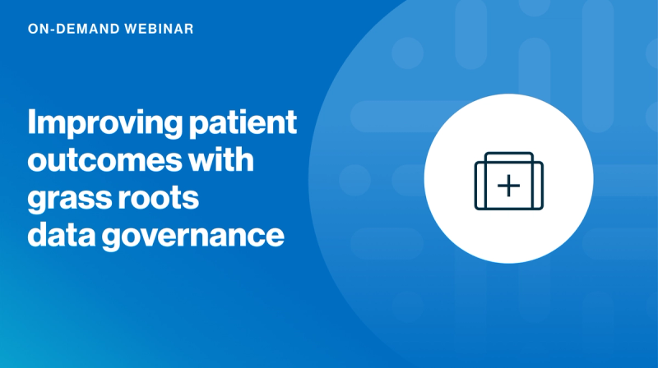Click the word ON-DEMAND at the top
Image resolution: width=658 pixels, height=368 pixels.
click(69, 28)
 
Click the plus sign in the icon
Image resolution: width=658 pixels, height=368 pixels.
click(510, 186)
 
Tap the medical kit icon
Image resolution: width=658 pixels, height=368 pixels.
click(508, 182)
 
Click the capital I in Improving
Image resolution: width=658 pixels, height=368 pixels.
click(33, 123)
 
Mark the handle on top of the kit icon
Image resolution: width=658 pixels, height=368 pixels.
click(508, 156)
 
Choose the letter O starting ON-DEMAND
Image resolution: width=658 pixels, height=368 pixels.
click(32, 28)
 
